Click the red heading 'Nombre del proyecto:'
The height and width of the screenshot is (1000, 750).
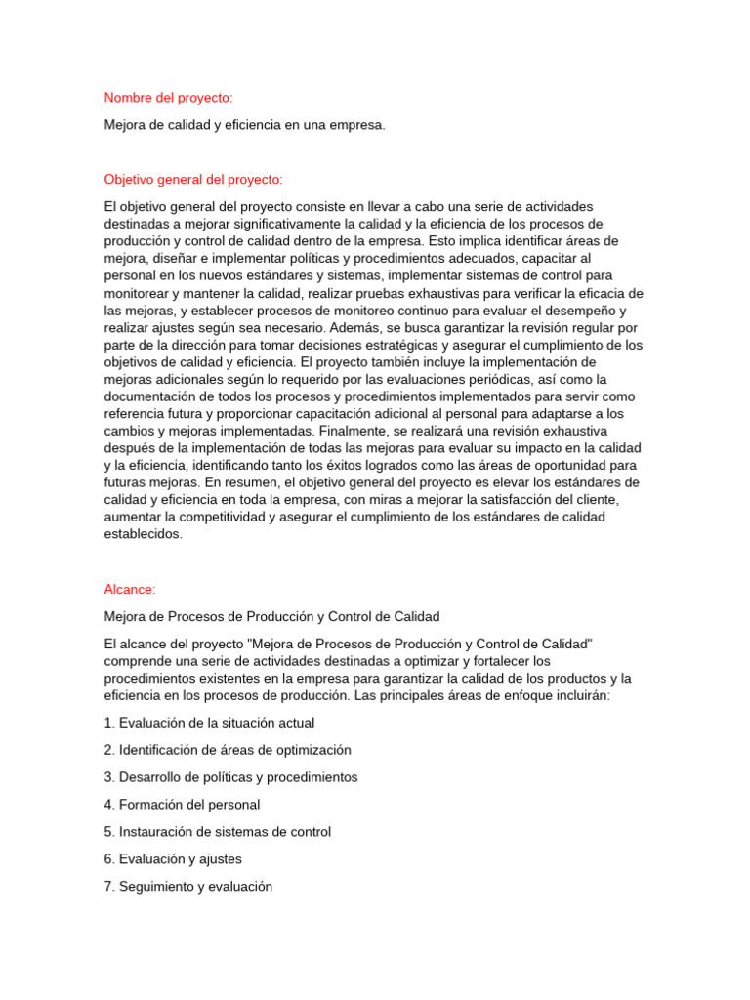click(168, 98)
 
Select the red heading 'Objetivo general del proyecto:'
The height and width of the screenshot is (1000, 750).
click(193, 180)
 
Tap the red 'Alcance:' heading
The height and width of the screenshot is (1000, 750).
click(130, 589)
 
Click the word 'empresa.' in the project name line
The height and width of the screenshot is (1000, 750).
click(358, 125)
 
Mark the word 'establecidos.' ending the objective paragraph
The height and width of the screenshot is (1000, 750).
click(144, 534)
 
